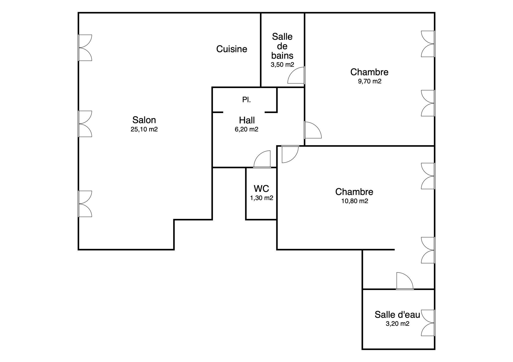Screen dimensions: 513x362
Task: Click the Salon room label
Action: pos(144,120)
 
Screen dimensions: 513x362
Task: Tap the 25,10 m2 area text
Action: pos(144,129)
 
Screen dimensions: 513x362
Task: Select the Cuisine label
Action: pos(232,49)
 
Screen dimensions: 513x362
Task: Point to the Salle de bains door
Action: pos(296,75)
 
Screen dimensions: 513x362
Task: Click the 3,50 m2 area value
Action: pos(282,65)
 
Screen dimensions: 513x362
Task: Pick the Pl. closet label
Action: pos(246,100)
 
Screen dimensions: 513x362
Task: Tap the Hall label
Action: pos(247,120)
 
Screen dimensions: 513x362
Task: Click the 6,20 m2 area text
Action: pos(246,129)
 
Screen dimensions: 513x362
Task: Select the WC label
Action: pos(261,188)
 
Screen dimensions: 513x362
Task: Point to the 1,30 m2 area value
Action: pos(262,198)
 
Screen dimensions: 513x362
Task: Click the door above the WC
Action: pos(262,159)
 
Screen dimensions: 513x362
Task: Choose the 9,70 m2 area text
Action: pos(370,81)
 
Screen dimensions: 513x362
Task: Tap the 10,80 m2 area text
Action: pos(355,201)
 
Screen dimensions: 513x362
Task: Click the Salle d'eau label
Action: pos(397,314)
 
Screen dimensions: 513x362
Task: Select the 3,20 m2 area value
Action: pos(398,324)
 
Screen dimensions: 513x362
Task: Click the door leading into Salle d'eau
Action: pos(405,281)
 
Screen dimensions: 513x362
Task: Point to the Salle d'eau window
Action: pos(428,323)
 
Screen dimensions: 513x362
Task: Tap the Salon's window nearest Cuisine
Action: pos(85,48)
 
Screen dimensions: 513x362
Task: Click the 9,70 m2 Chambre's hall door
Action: pos(313,130)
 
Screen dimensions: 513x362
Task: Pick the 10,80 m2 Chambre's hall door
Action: pos(290,154)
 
